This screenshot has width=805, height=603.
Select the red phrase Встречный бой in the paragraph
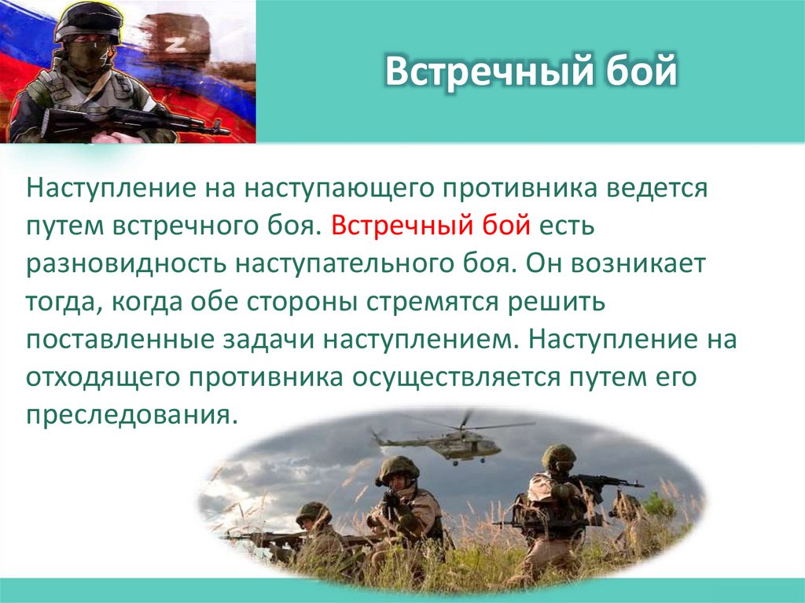coord(431,226)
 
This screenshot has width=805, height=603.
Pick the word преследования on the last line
coord(130,414)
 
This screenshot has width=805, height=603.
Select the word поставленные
coord(116,339)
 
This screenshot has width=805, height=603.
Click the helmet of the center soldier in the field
coord(398,469)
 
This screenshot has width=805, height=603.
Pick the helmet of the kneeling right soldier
coord(558,456)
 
